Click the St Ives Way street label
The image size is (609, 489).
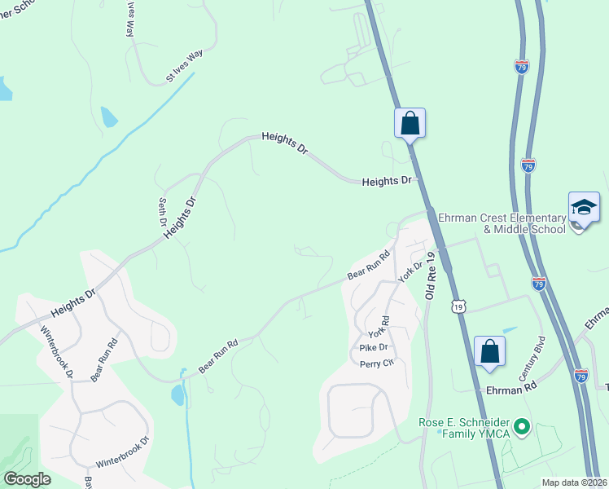click(184, 66)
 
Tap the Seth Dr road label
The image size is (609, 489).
click(162, 211)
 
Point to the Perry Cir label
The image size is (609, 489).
click(377, 363)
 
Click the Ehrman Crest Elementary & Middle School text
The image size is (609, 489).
click(502, 223)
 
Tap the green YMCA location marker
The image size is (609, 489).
click(524, 426)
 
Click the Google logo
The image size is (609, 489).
click(27, 478)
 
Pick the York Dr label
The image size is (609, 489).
click(411, 271)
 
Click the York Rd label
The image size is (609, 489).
click(380, 328)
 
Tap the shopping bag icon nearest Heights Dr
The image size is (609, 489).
click(410, 124)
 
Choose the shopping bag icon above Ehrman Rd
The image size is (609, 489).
click(490, 351)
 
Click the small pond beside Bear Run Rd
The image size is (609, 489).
click(177, 396)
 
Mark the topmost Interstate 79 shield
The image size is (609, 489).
click(521, 66)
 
